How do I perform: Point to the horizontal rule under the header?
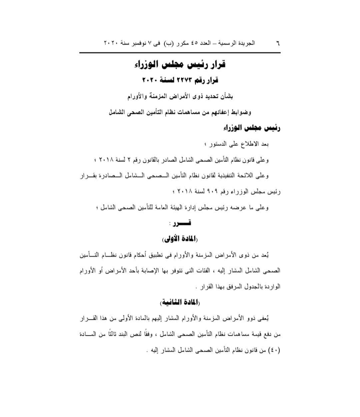[x=180, y=53]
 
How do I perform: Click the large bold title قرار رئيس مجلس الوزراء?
[x=180, y=65]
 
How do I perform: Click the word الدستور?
[x=219, y=144]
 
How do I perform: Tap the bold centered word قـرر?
[x=183, y=223]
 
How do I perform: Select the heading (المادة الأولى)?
[x=180, y=239]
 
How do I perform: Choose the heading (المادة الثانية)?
[x=180, y=302]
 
